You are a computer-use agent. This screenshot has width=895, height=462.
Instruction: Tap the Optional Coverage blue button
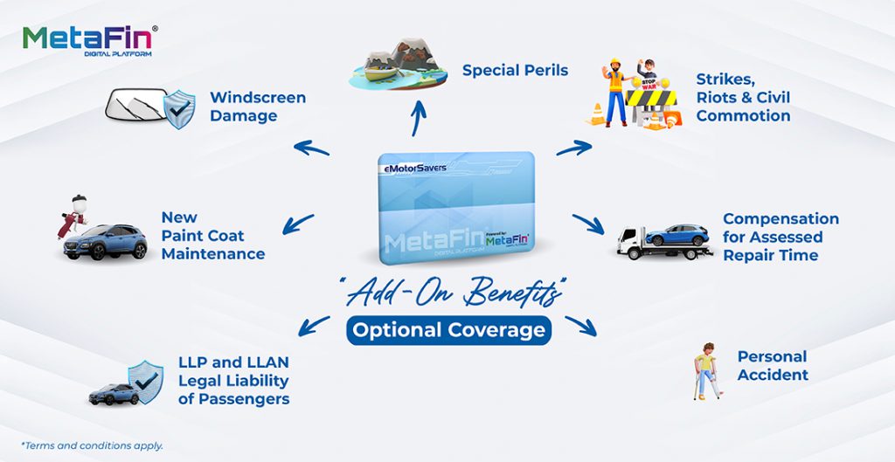tap(448, 330)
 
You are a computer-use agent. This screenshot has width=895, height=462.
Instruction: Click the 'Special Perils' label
tap(515, 70)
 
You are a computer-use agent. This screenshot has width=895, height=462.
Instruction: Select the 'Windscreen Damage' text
tap(258, 107)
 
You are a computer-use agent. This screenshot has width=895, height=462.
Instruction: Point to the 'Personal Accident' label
tap(773, 365)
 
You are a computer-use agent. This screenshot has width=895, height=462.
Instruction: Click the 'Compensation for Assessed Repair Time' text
tap(781, 237)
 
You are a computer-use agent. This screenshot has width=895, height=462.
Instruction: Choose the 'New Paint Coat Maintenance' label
tap(212, 236)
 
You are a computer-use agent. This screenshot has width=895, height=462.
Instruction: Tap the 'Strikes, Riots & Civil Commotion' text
tap(743, 97)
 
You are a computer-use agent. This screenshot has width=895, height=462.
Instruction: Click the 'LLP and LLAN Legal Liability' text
tap(233, 380)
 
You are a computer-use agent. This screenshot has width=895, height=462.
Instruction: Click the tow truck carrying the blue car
tap(664, 240)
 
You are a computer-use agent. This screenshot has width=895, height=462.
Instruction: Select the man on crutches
tap(704, 371)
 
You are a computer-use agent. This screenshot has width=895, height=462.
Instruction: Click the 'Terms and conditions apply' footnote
tap(91, 445)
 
